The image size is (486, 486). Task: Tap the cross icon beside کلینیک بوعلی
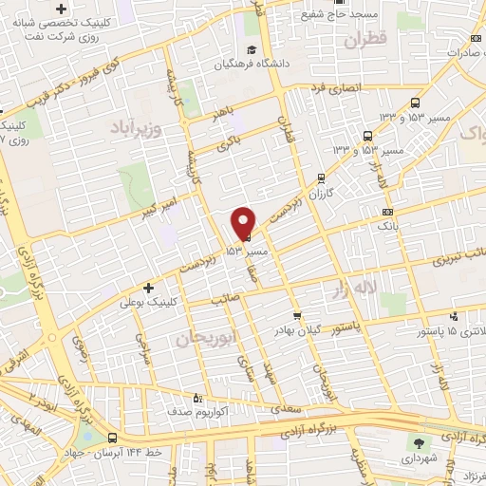147,287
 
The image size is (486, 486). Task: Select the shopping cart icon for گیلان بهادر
297,314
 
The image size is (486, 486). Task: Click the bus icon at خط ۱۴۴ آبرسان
113,439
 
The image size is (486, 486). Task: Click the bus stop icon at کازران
321,177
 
